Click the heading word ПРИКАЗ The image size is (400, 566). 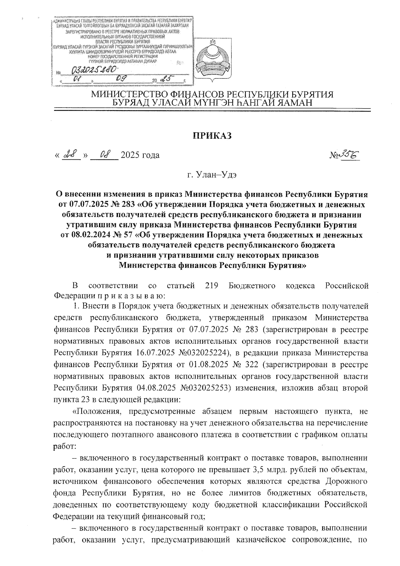coord(212,136)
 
